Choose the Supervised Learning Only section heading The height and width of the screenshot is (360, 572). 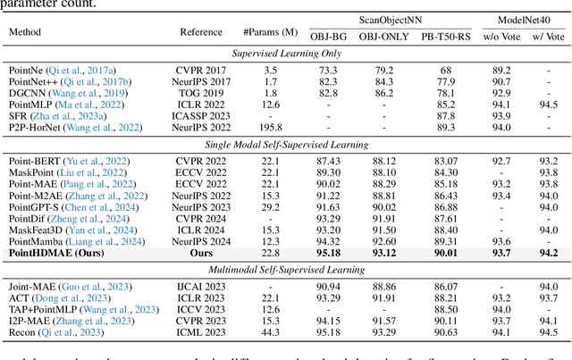coord(285,54)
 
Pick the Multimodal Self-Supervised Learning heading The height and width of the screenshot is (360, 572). coord(285,269)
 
